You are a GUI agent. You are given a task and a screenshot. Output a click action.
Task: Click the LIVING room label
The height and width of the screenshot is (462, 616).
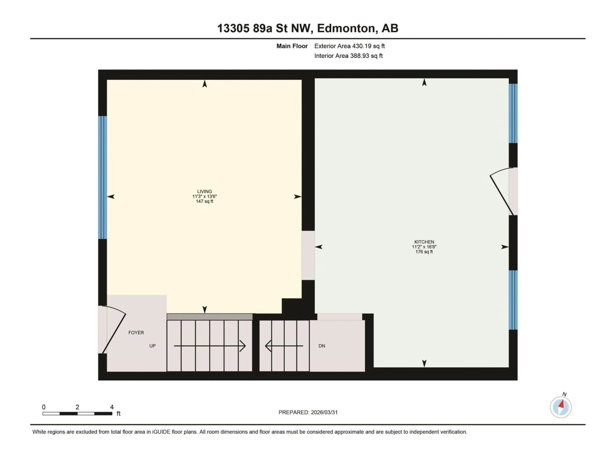204,192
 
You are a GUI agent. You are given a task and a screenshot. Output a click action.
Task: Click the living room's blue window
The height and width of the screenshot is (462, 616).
103,177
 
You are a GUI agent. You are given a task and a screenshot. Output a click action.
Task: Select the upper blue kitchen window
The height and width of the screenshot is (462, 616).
513,113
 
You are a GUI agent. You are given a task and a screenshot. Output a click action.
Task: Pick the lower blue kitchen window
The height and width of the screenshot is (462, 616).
513,300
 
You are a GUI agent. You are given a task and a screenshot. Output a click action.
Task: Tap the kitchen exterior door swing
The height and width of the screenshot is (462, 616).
501,189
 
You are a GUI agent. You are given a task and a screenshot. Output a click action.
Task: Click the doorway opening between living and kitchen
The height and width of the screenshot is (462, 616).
308,255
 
